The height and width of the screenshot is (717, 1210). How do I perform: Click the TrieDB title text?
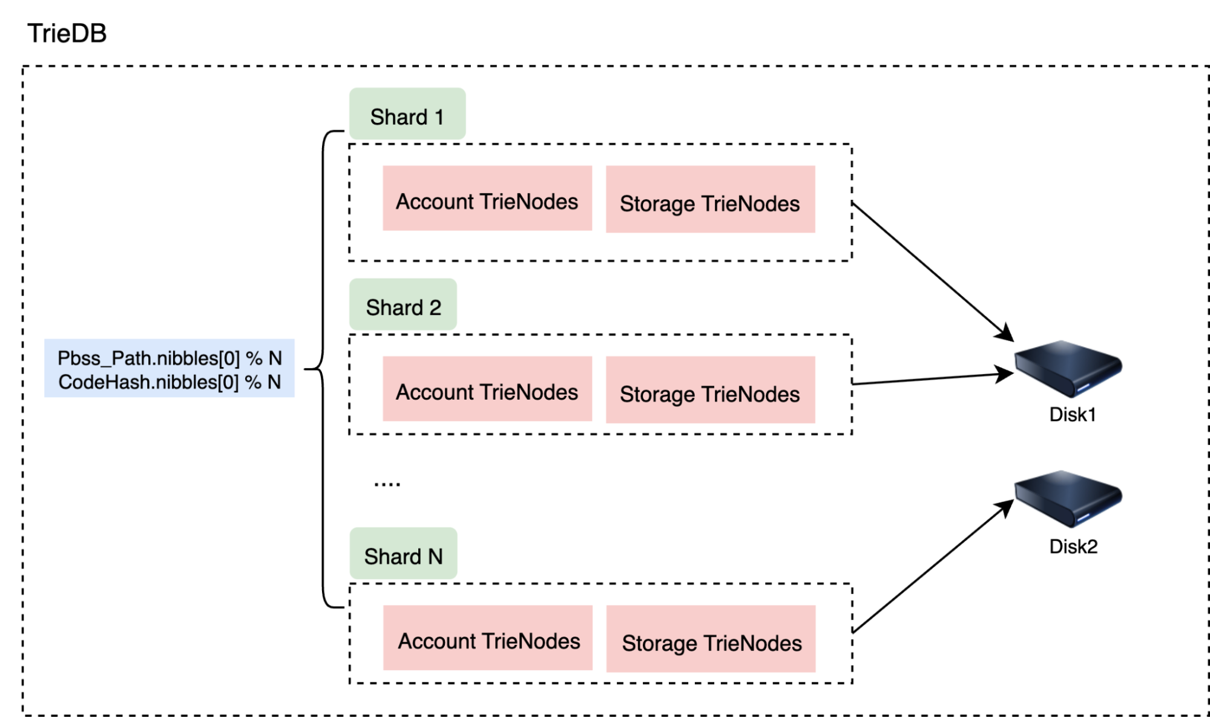(x=67, y=33)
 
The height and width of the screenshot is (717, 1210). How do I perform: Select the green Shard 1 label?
(x=407, y=115)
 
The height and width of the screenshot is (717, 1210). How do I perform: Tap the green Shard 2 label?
(x=403, y=306)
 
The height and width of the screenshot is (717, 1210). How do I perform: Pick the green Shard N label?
(x=403, y=555)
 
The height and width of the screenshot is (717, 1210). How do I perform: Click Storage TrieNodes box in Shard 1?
(x=710, y=200)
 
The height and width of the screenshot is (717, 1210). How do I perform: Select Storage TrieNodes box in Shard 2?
(x=710, y=391)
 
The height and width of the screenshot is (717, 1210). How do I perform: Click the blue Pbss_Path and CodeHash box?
(x=169, y=368)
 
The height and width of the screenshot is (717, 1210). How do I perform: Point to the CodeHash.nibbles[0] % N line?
(x=169, y=382)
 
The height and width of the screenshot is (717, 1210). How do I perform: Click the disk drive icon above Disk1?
(x=1068, y=367)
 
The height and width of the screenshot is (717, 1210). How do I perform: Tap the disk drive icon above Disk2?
(x=1068, y=498)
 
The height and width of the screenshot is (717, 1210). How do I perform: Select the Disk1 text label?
(x=1072, y=415)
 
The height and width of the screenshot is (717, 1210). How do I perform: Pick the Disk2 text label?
(x=1073, y=546)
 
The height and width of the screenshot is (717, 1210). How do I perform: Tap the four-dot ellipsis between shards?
(x=387, y=484)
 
